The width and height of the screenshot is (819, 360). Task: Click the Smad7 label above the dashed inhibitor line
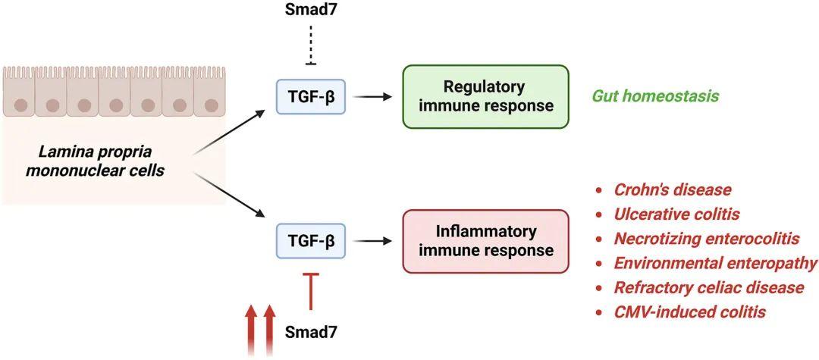(x=311, y=11)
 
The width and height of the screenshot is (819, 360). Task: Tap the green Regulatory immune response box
(x=485, y=96)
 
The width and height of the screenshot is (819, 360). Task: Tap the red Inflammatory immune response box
(x=485, y=241)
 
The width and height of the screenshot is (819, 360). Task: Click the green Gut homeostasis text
(x=655, y=96)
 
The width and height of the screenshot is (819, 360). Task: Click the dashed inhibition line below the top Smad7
(x=311, y=44)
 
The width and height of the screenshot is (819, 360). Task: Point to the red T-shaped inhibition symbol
(x=312, y=290)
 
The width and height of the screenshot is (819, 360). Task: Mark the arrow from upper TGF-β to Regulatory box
(x=372, y=96)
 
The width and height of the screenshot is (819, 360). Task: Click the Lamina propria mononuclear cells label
(x=96, y=161)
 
